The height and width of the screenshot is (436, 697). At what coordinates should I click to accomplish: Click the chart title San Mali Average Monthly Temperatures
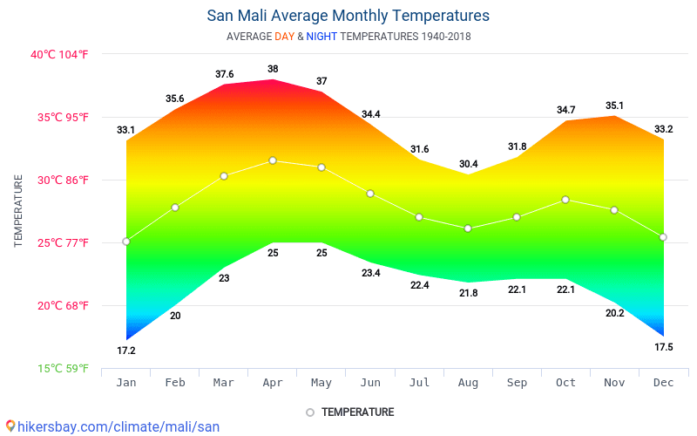point(348,16)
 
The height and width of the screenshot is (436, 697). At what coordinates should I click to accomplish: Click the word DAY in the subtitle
point(284,37)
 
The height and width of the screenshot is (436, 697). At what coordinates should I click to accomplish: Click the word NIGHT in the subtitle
point(321,37)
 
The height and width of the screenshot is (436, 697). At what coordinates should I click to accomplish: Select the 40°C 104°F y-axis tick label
point(60,54)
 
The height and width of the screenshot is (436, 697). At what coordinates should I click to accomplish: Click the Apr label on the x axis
point(273,382)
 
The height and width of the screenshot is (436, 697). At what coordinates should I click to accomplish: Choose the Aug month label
point(468,382)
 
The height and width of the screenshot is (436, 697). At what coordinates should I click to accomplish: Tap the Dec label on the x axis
point(664,382)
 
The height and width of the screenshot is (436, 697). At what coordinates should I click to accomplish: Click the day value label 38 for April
point(273,69)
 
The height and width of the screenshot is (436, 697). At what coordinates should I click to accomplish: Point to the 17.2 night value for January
point(126,351)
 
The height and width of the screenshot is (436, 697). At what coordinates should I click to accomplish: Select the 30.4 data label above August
point(468,164)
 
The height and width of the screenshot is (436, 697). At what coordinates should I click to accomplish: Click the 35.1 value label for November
point(615,106)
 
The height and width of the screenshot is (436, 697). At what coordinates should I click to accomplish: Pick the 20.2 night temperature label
point(615,313)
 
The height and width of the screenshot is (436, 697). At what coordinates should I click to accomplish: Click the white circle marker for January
point(126,242)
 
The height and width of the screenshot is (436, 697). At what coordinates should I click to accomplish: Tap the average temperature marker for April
point(273,160)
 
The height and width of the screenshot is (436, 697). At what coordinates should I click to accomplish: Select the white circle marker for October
point(565,200)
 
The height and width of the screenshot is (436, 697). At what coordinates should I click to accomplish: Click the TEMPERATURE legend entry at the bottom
point(357,412)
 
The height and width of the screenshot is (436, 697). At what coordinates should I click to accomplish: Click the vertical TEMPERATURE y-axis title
point(18,211)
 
